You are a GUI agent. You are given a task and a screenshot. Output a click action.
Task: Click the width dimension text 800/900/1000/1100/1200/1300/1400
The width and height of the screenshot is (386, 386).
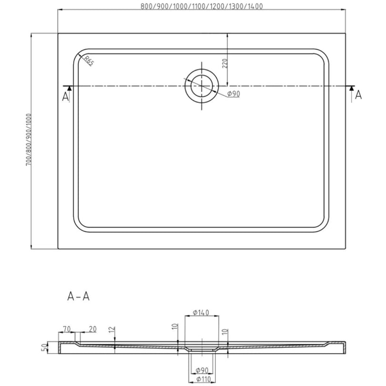click(202, 6)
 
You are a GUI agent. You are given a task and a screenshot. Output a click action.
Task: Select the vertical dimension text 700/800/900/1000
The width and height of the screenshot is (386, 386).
click(29, 140)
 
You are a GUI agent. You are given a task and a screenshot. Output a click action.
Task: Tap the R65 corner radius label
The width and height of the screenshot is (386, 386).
click(89, 61)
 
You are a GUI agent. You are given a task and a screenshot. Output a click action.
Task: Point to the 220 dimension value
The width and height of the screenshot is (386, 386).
click(225, 63)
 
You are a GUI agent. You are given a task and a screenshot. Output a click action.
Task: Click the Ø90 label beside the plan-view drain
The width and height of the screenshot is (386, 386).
click(234, 94)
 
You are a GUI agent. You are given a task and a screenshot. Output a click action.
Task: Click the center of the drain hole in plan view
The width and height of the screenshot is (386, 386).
click(202, 86)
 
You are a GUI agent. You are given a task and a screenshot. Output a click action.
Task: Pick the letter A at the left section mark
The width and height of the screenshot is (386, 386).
click(65, 97)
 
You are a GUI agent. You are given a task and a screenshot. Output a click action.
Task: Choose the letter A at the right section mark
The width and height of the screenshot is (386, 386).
click(358, 95)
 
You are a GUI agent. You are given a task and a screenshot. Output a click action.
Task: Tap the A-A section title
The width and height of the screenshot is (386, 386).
click(78, 296)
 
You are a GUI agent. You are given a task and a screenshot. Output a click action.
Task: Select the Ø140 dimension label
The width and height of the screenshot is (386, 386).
click(201, 313)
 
